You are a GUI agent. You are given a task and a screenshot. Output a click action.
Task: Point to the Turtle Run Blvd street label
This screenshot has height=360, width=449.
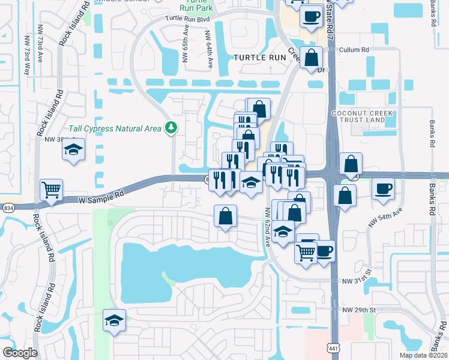188,19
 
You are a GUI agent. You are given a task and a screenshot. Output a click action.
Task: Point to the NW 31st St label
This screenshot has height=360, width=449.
357,281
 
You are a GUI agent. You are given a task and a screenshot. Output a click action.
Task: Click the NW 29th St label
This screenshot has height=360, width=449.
358,310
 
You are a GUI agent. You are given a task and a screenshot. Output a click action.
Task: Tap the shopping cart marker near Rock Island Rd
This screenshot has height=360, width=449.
52,191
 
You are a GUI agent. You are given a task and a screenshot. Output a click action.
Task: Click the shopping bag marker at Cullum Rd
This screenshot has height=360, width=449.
312,59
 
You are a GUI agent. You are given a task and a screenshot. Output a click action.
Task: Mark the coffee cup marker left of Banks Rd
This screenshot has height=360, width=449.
383,190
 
